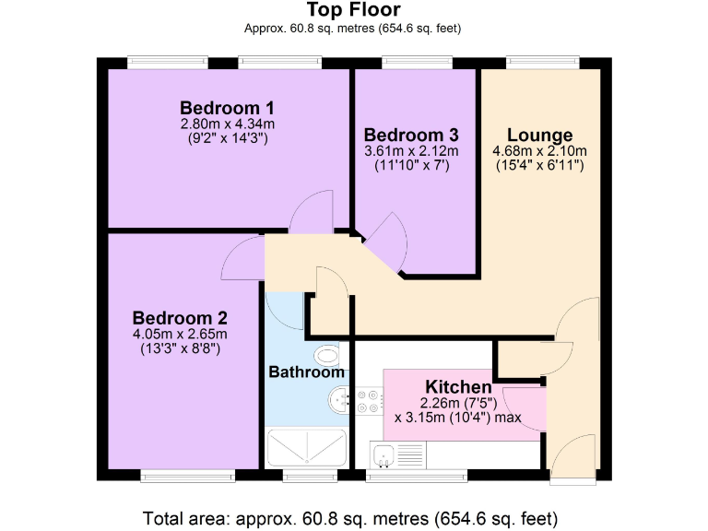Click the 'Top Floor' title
[353, 10]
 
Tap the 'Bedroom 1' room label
[227, 107]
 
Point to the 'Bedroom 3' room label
[410, 135]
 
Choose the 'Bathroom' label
[306, 372]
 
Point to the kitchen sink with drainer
[398, 454]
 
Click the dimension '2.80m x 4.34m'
[227, 124]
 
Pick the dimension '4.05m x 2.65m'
[179, 334]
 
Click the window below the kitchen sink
[416, 476]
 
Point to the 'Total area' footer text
[350, 516]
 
